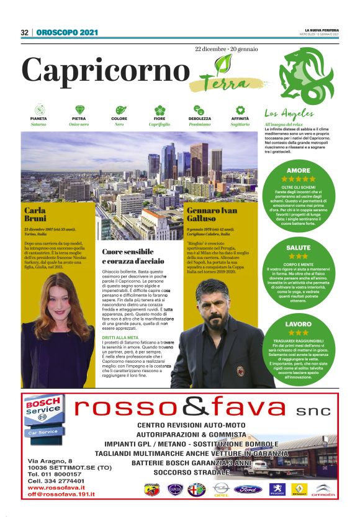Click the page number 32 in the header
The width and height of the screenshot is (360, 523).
pyautogui.click(x=24, y=32)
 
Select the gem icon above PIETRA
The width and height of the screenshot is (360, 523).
pyautogui.click(x=79, y=110)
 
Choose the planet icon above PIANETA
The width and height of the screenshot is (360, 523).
pyautogui.click(x=38, y=110)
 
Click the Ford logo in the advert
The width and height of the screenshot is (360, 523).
pyautogui.click(x=248, y=489)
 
